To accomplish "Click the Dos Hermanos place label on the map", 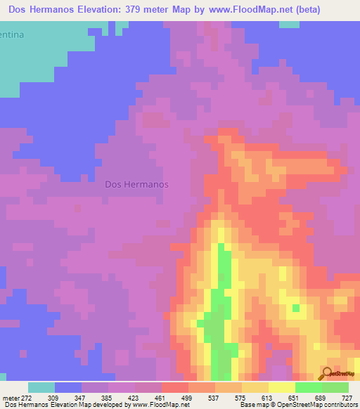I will pyautogui.click(x=136, y=185).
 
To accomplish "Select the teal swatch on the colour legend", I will pyautogui.click(x=41, y=387).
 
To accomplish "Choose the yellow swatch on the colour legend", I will pyautogui.click(x=282, y=387).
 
